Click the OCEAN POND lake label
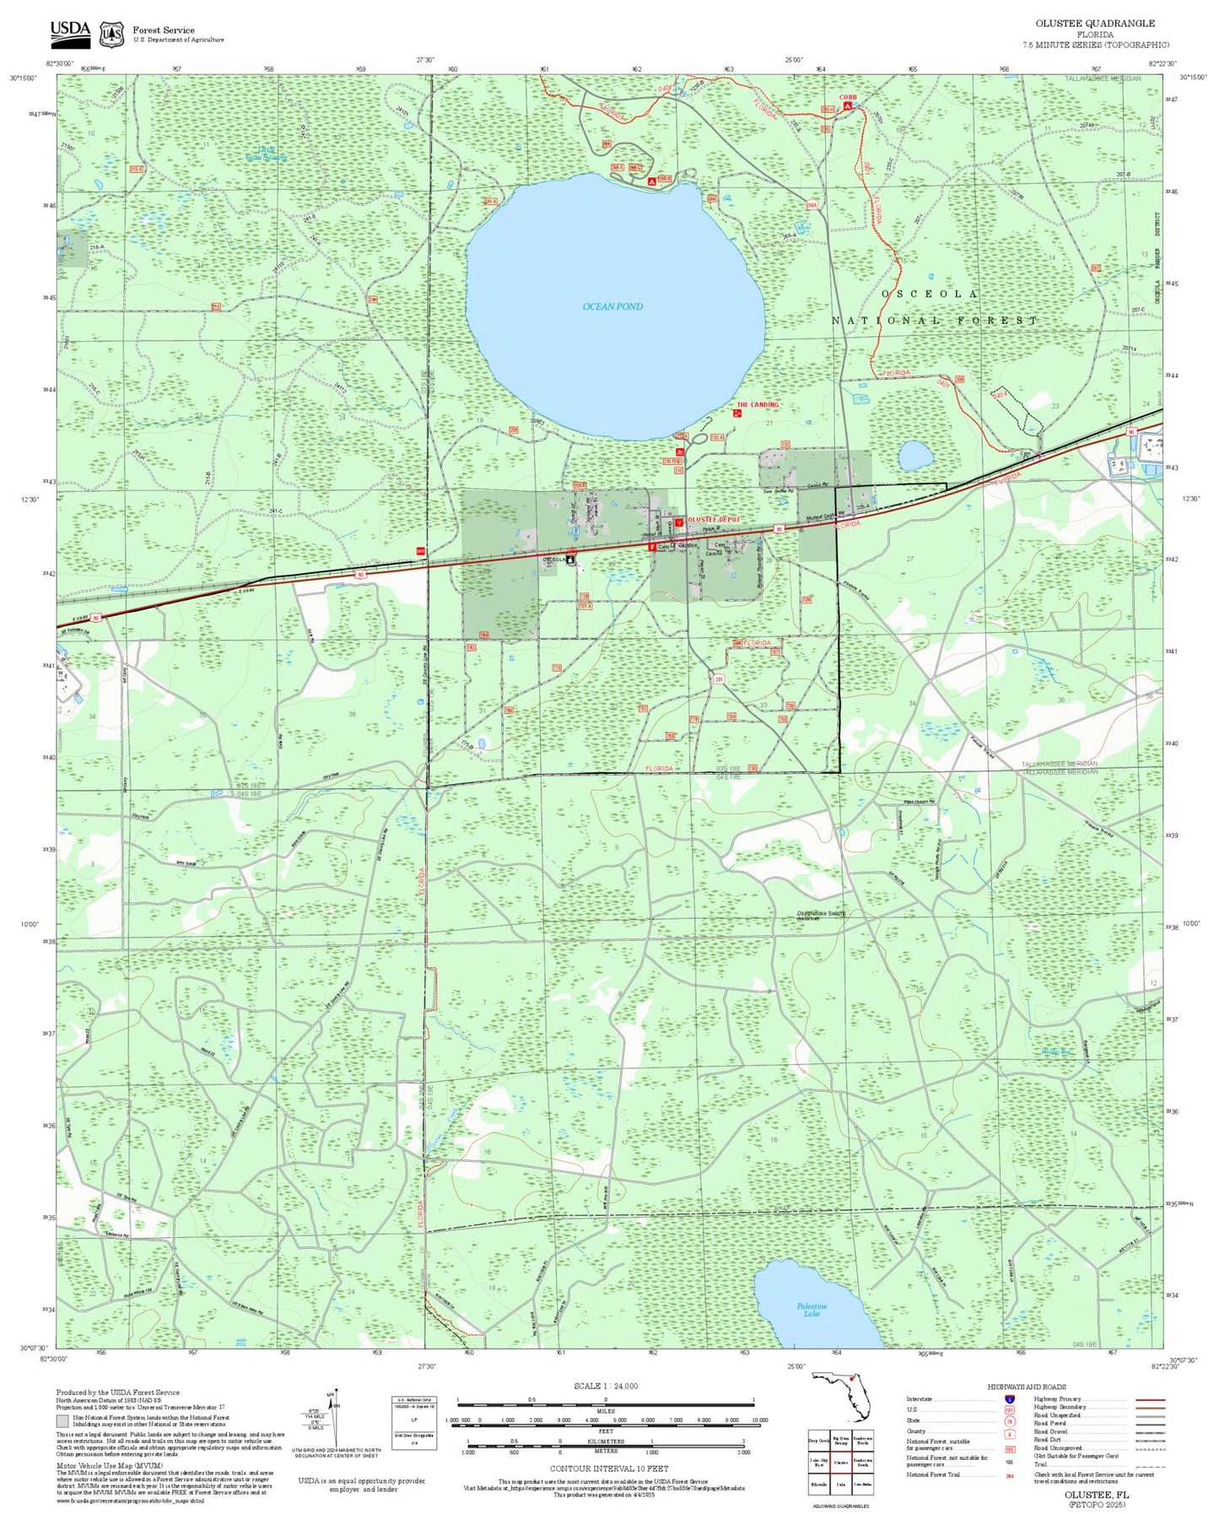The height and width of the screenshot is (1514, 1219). (x=612, y=306)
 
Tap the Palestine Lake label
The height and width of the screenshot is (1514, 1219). (x=812, y=1309)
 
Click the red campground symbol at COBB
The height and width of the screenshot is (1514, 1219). (x=847, y=107)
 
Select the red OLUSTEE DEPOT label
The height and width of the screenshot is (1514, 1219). (x=714, y=520)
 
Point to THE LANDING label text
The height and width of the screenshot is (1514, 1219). (x=758, y=405)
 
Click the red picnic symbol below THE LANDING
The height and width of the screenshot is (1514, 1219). (x=737, y=414)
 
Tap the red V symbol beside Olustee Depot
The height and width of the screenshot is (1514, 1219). (x=678, y=522)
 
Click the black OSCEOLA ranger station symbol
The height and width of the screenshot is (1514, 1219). (x=571, y=560)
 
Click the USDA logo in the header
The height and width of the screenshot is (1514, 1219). (x=70, y=31)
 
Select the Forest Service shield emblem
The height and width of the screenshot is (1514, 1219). (x=111, y=34)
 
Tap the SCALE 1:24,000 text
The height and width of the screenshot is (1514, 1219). (x=605, y=1386)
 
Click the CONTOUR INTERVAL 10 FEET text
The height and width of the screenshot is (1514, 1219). (x=608, y=1468)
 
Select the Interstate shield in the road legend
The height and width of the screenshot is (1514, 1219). (x=1009, y=1398)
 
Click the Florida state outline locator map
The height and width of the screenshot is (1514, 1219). (x=840, y=1398)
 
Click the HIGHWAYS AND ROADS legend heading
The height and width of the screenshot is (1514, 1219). (x=1027, y=1387)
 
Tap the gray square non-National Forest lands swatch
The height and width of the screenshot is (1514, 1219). (x=61, y=1419)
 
